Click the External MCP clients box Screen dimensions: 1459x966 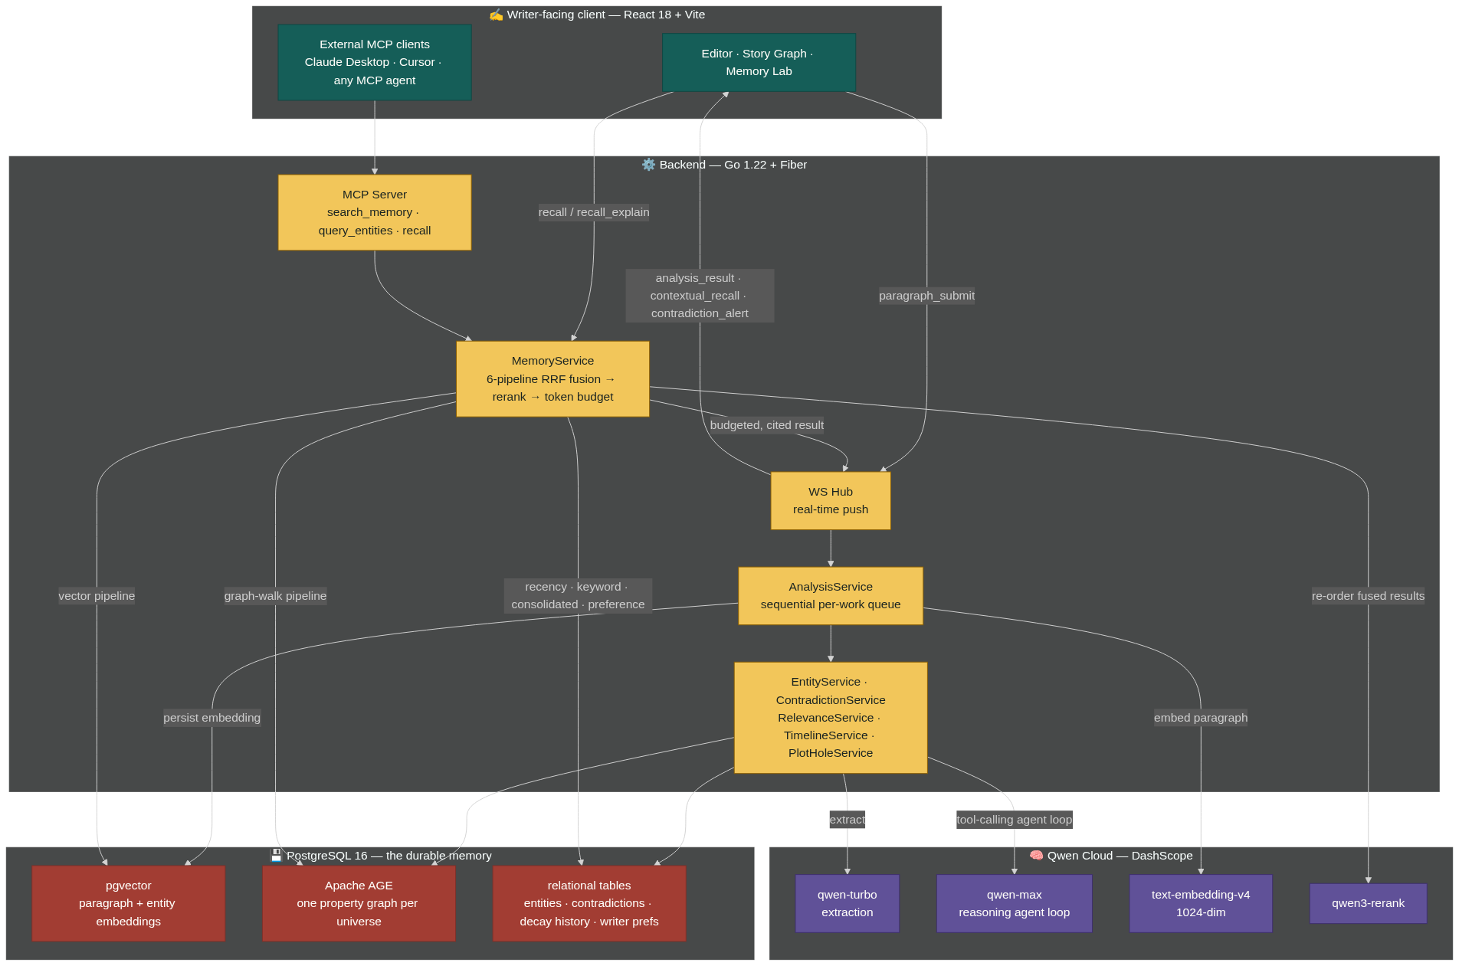[x=375, y=62]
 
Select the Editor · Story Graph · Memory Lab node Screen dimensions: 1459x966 [x=759, y=62]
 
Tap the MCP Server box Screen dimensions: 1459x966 [x=375, y=212]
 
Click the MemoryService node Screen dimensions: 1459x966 [x=552, y=378]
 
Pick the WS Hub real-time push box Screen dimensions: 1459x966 [x=831, y=500]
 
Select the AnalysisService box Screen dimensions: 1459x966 [x=831, y=595]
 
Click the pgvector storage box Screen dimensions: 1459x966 [x=129, y=903]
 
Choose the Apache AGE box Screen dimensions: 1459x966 [x=359, y=903]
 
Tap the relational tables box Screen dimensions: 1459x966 [x=589, y=903]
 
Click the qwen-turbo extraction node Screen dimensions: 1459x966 [x=848, y=903]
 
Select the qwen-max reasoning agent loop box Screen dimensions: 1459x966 [x=1014, y=903]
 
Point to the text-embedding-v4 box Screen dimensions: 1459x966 [x=1201, y=903]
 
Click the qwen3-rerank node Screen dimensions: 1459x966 [x=1368, y=903]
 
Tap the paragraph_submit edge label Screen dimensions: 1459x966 [x=926, y=296]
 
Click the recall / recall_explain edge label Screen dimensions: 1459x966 [x=594, y=212]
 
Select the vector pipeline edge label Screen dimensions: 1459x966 [x=97, y=596]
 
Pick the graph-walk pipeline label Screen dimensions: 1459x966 [x=275, y=596]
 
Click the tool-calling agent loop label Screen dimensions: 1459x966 [x=1014, y=820]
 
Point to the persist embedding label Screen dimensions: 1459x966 [x=211, y=718]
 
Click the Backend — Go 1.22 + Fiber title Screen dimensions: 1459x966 [x=725, y=165]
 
